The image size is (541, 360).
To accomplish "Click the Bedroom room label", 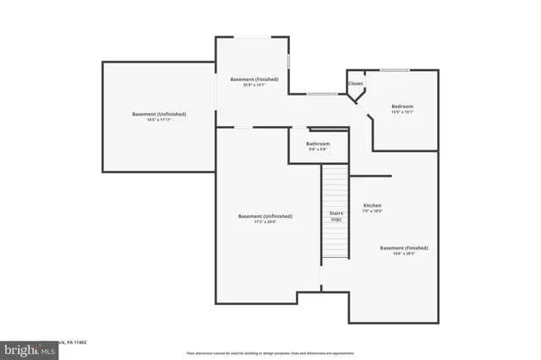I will [x=402, y=106].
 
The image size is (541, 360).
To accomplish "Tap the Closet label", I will [x=355, y=84].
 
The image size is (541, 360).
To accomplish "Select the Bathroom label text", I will [x=318, y=144].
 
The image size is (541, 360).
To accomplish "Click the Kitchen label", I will [x=373, y=205].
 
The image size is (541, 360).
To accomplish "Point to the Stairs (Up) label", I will [x=336, y=215].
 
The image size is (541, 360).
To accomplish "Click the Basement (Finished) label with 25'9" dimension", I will [x=254, y=79].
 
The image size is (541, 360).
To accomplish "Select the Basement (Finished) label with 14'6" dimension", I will [x=403, y=248].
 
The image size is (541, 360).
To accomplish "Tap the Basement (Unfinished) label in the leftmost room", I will [x=159, y=114].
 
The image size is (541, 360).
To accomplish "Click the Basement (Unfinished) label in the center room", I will [x=265, y=216].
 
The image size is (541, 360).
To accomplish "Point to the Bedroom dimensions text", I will [x=402, y=112].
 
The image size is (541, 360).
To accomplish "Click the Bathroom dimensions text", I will [x=318, y=150].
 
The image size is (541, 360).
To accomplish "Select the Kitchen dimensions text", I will [x=373, y=212].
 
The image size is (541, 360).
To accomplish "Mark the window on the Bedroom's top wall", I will [x=395, y=70].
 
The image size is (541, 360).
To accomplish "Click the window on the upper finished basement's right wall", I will [x=289, y=62].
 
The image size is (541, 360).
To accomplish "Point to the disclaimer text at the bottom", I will [x=270, y=352].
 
